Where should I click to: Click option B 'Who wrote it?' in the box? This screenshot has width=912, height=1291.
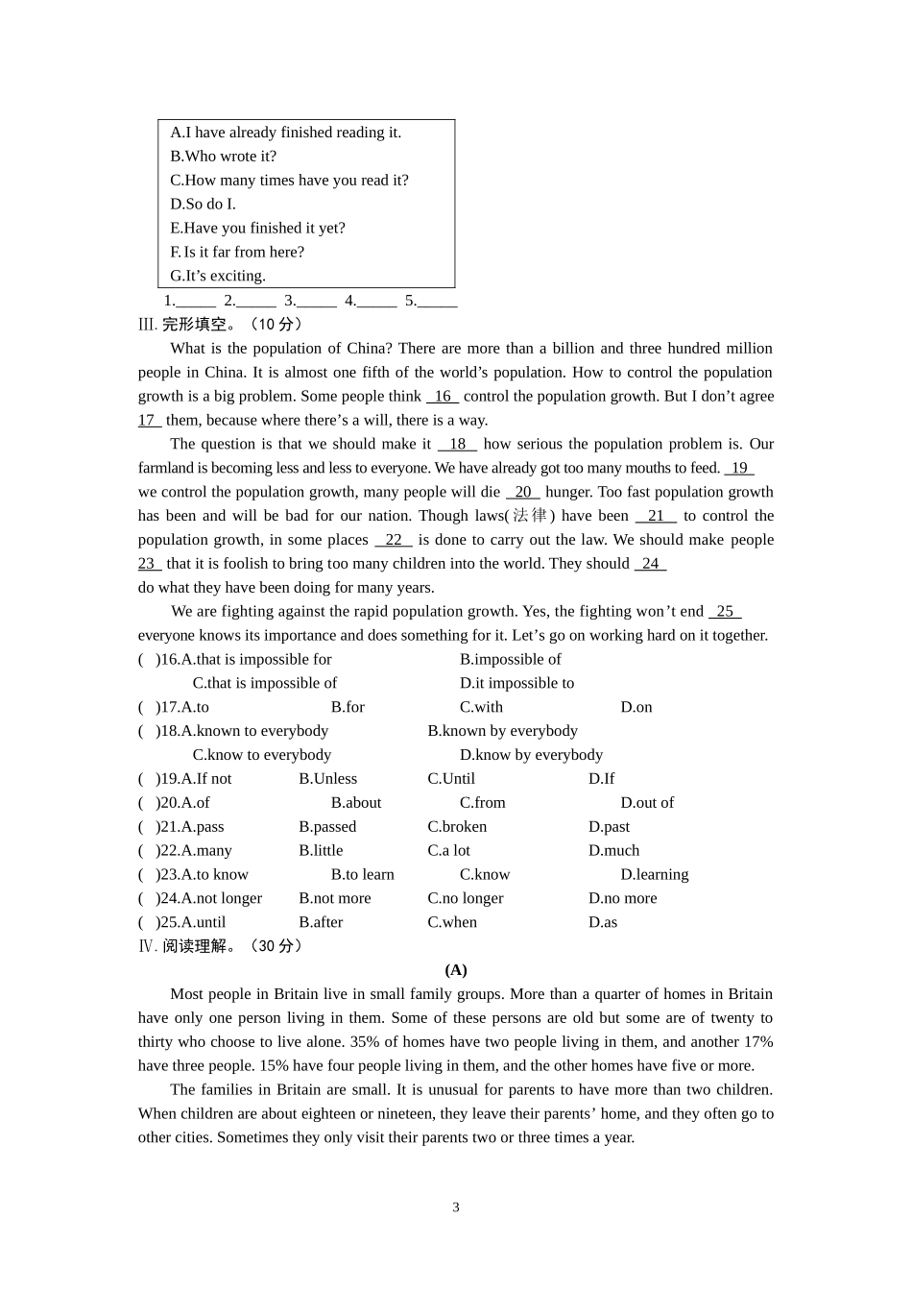click(223, 156)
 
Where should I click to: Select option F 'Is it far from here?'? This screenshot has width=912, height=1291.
click(237, 252)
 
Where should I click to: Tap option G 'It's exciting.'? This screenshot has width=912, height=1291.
click(218, 276)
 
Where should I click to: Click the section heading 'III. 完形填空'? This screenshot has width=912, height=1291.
click(220, 325)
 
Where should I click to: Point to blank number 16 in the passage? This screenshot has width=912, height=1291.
click(443, 396)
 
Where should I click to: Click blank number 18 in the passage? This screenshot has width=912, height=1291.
click(457, 444)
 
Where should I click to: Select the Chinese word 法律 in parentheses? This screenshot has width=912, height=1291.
click(529, 516)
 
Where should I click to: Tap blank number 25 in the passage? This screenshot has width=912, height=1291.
click(725, 611)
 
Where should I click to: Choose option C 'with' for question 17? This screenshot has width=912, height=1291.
click(481, 707)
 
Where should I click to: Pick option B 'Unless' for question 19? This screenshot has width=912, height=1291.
click(327, 779)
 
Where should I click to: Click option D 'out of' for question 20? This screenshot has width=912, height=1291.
click(647, 803)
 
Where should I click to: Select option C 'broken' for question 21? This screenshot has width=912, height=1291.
click(457, 827)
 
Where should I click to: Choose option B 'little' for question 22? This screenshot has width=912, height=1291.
click(321, 851)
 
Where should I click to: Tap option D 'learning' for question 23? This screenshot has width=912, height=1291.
click(654, 875)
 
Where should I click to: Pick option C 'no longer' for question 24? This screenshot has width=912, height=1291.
click(466, 899)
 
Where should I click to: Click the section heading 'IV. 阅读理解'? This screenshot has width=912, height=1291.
click(220, 946)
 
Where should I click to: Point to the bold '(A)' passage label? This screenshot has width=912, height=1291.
click(456, 970)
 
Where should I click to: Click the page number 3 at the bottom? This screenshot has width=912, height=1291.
click(456, 1207)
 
